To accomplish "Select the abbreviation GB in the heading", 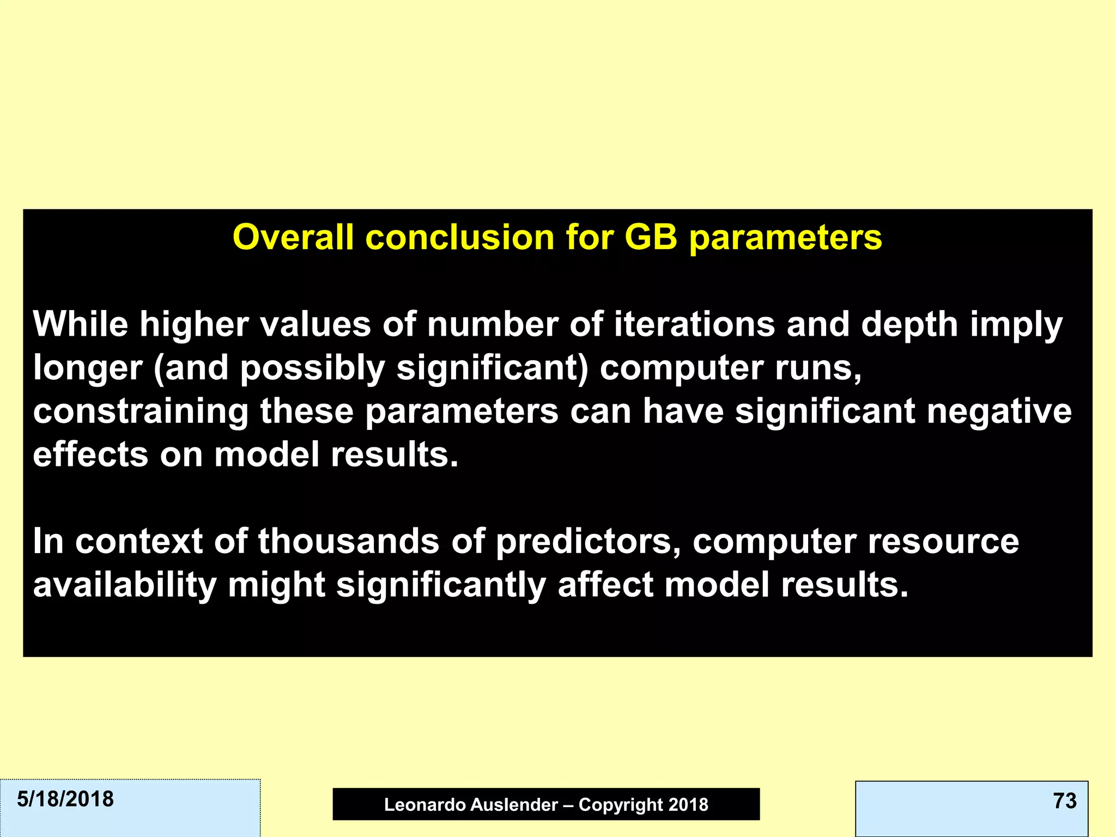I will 651,238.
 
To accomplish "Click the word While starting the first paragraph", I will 81,324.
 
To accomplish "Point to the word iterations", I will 694,324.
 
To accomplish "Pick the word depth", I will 909,324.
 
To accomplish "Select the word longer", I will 88,368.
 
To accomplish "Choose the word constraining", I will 141,412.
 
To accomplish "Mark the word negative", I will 999,412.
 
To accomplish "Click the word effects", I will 90,454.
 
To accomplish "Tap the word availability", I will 125,585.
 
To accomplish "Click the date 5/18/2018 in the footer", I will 65,799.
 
